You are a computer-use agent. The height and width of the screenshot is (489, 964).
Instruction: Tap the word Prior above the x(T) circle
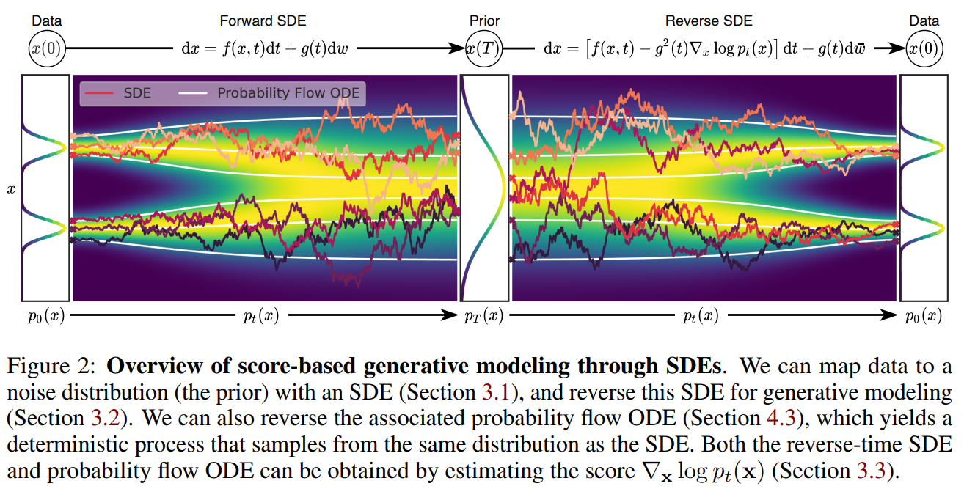[484, 21]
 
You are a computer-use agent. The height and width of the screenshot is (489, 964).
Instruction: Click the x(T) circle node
[484, 49]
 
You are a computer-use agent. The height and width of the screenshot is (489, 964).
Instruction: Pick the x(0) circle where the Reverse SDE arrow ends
[924, 49]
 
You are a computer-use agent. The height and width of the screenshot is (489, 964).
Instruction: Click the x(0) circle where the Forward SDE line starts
[47, 49]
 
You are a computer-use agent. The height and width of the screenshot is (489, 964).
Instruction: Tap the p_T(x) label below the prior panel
[484, 316]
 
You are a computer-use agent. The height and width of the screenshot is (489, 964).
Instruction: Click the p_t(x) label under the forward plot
[260, 316]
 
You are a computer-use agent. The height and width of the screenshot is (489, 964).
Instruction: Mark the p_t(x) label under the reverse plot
[700, 316]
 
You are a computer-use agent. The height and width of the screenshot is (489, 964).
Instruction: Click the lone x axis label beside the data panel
[10, 189]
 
